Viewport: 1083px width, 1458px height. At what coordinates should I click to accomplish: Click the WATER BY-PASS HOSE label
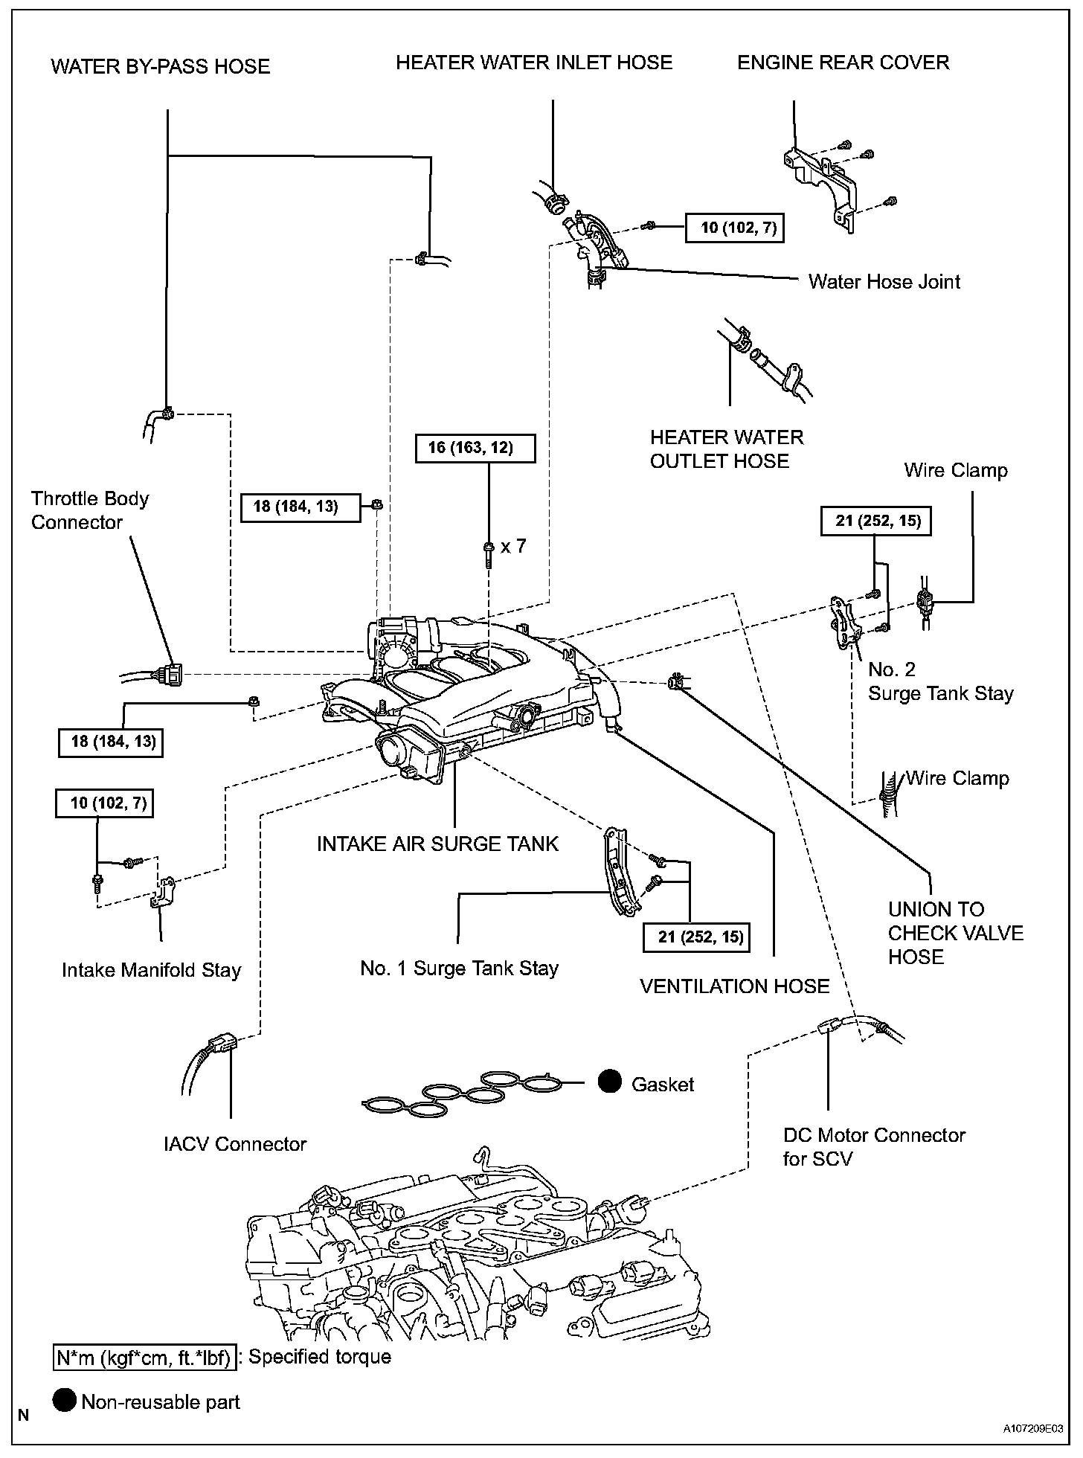click(160, 67)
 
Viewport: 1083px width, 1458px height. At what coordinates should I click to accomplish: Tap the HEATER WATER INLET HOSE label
click(534, 62)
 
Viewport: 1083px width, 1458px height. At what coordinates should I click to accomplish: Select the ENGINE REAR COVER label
click(843, 62)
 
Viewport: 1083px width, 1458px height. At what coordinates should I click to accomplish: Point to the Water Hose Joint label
click(884, 282)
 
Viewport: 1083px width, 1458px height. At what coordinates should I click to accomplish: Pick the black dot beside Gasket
click(610, 1082)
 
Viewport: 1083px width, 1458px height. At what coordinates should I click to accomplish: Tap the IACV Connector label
click(235, 1143)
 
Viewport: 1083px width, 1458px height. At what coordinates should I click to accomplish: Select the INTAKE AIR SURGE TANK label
click(437, 844)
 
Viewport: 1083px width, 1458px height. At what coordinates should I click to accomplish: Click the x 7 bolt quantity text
click(513, 546)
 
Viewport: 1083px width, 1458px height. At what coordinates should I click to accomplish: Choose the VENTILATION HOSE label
click(734, 986)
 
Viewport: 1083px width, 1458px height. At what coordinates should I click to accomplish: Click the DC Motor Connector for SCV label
click(873, 1146)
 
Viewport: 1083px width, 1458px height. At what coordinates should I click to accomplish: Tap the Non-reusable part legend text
click(161, 1402)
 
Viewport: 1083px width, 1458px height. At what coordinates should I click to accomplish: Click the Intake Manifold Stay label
click(152, 970)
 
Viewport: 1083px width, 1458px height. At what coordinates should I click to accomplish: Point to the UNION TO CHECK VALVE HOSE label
click(955, 933)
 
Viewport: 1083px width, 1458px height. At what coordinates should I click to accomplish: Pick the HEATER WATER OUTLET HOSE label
click(727, 449)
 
